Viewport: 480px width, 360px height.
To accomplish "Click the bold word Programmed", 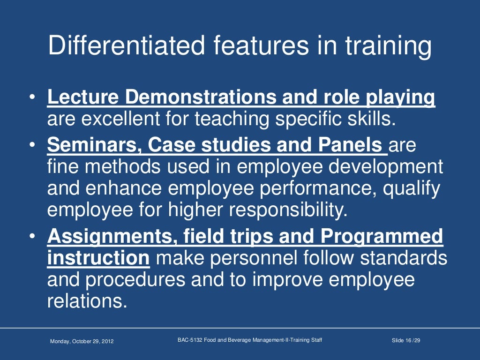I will tap(382, 237).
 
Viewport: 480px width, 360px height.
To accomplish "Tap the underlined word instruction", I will tap(98, 258).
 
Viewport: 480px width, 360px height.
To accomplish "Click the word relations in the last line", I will tap(87, 301).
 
